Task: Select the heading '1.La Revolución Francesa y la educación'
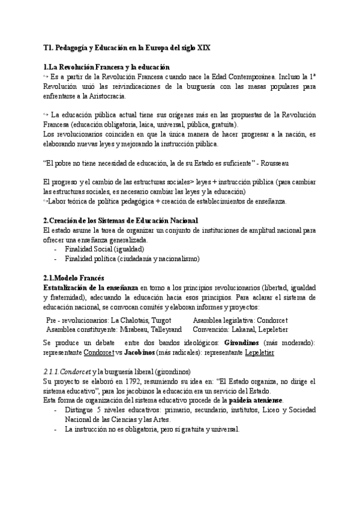coord(107,67)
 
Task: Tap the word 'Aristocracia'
coord(93,96)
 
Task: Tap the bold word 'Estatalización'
coord(71,288)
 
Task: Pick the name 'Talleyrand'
coord(164,330)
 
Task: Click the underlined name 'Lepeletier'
coord(259,352)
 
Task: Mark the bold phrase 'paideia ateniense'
coord(255,401)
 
